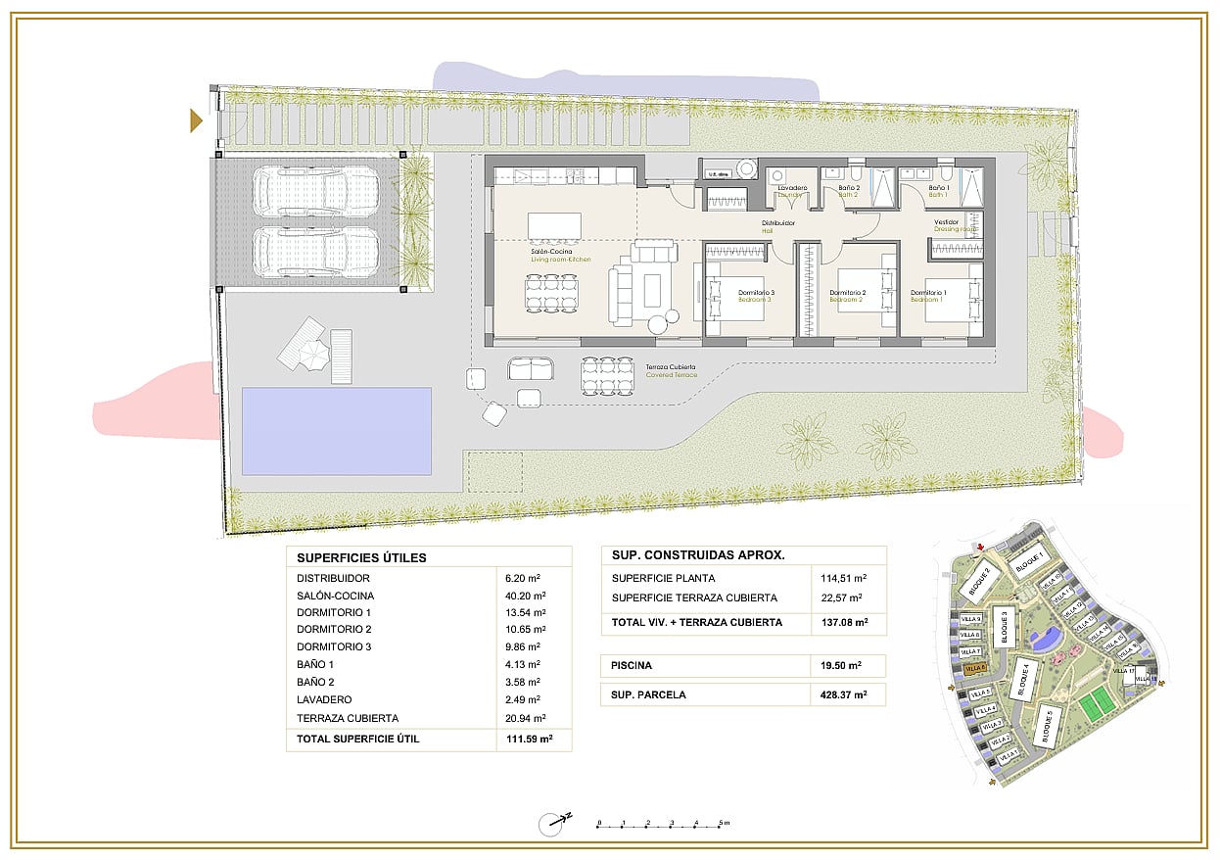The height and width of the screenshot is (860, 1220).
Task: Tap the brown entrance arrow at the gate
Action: point(196,120)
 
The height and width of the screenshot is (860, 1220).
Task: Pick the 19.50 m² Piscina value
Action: point(841,666)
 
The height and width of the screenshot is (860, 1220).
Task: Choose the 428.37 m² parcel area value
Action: point(844,695)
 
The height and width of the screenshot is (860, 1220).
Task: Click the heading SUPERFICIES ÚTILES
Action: point(361,558)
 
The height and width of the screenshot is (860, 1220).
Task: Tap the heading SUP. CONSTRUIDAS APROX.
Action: point(698,555)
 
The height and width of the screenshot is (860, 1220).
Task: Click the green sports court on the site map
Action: point(1098,702)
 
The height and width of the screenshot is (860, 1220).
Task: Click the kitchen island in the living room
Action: point(554,225)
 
